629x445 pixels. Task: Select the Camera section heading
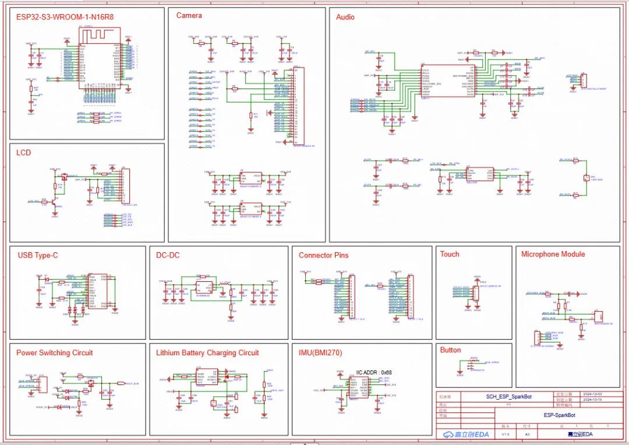click(x=189, y=16)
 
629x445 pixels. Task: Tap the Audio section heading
click(x=345, y=17)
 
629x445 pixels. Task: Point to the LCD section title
click(x=24, y=153)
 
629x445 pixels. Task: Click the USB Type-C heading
click(x=38, y=255)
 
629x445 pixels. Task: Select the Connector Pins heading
click(x=324, y=255)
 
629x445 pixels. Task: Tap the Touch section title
click(x=450, y=254)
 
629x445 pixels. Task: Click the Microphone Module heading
click(x=553, y=254)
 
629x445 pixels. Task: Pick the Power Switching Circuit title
click(x=54, y=352)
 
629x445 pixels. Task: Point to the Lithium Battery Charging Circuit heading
click(x=207, y=352)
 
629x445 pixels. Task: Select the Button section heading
click(x=451, y=350)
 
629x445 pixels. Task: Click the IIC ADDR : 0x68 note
click(x=374, y=372)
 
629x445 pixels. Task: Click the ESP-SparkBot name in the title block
click(x=560, y=415)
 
